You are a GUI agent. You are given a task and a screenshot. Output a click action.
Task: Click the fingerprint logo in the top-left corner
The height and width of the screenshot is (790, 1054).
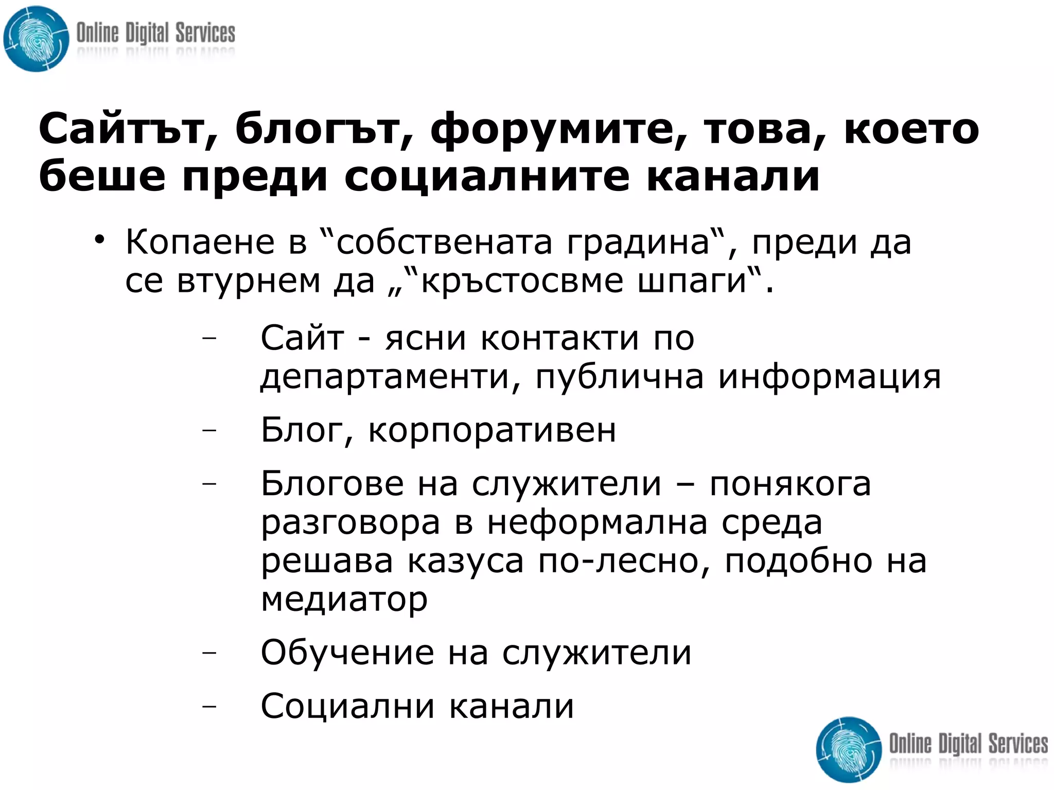click(x=36, y=39)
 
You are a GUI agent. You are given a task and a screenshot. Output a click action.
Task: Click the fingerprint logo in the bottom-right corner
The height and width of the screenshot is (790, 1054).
click(x=849, y=749)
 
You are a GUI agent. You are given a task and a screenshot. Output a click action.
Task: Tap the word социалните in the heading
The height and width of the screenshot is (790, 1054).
click(x=486, y=177)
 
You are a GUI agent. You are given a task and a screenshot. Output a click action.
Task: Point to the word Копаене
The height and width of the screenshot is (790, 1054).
click(x=200, y=242)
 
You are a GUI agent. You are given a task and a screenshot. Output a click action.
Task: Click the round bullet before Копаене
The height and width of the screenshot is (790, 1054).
click(x=99, y=240)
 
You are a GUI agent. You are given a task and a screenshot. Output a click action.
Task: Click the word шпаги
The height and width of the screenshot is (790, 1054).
click(x=692, y=282)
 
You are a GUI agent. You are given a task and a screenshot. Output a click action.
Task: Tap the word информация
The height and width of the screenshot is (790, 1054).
click(x=829, y=377)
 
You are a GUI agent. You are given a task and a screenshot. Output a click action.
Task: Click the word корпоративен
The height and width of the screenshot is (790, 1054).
click(x=492, y=430)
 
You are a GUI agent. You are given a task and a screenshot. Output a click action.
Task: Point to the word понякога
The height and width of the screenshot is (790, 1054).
click(x=790, y=484)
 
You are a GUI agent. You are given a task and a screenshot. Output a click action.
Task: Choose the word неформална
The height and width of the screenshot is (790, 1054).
click(x=597, y=523)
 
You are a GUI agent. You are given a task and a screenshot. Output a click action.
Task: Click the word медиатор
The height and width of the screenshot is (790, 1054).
click(x=344, y=600)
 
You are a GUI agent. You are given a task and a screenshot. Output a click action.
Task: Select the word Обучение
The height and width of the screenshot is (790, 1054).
click(x=347, y=653)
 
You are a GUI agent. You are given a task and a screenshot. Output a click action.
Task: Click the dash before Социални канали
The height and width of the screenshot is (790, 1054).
click(x=209, y=706)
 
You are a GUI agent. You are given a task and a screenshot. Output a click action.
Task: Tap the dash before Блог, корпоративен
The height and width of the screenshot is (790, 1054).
click(x=209, y=429)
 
